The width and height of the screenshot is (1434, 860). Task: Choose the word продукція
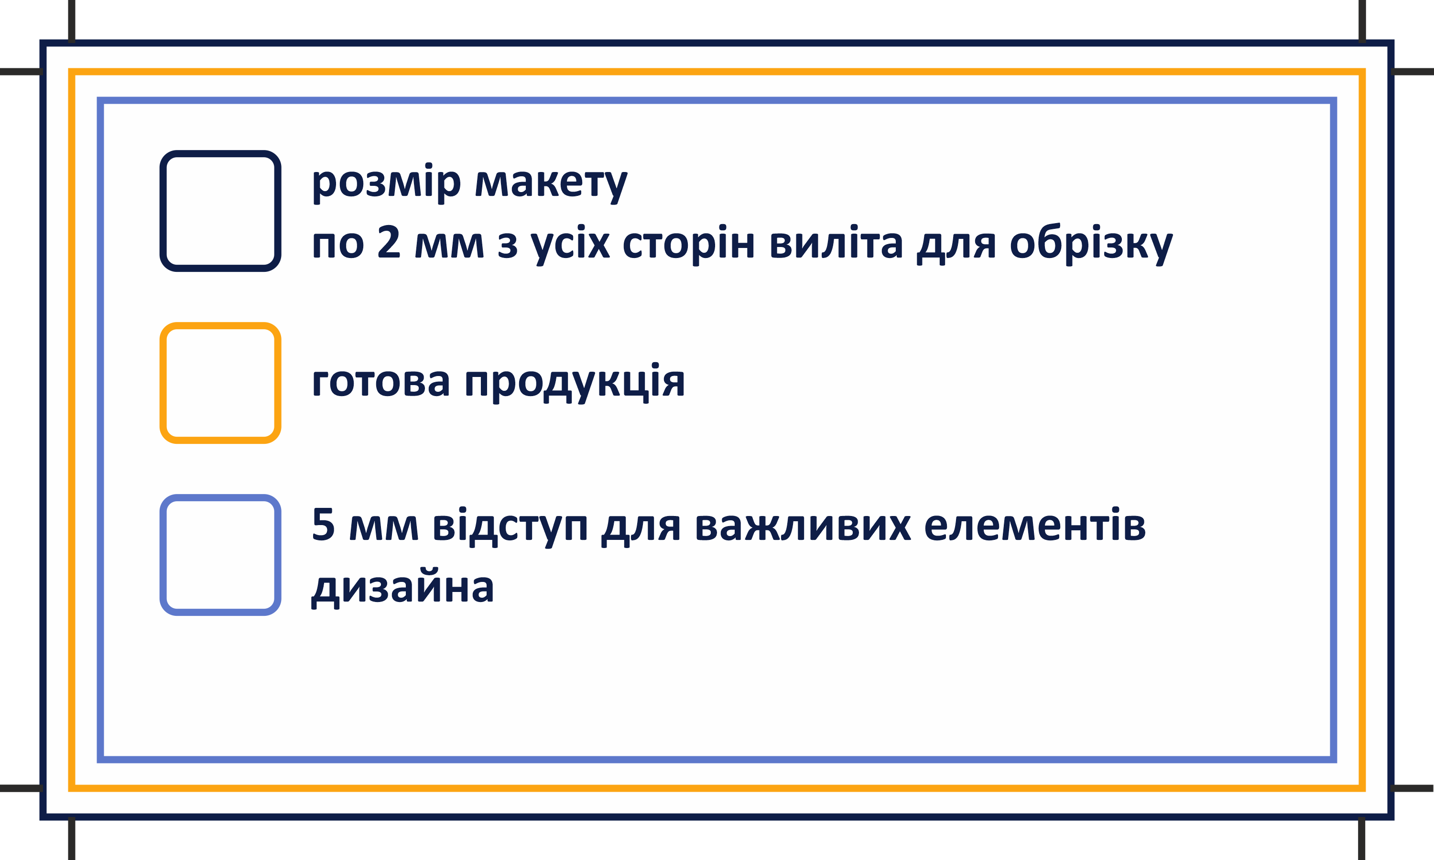[x=575, y=383]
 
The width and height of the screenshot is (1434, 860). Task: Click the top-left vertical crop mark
[x=72, y=21]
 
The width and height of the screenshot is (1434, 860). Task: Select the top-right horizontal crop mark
[x=1413, y=72]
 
